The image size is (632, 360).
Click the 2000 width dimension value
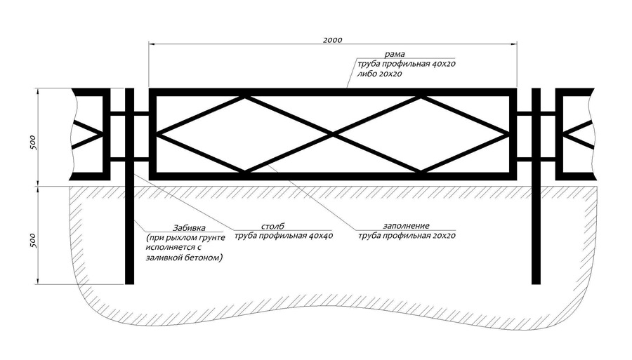tap(333, 40)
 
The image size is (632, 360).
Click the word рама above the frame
tap(395, 54)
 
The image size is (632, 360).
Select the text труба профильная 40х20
tap(407, 64)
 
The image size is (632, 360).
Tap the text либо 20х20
tap(379, 74)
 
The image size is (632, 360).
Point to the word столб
tap(272, 226)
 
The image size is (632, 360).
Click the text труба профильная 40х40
tap(284, 236)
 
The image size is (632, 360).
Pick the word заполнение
tap(407, 226)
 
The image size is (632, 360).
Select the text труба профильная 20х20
tap(407, 236)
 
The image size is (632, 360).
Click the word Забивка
tap(189, 228)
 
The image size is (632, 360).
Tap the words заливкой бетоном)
tap(184, 258)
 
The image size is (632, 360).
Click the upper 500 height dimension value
tap(33, 143)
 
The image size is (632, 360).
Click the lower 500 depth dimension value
tap(33, 241)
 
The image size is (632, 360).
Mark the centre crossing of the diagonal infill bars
tap(333, 135)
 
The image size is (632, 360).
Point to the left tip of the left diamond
tap(157, 135)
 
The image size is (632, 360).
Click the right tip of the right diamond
tap(508, 135)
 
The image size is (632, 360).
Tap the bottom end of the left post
tap(129, 284)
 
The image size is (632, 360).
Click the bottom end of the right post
tap(536, 284)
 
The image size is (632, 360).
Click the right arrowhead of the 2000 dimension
tap(513, 44)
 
